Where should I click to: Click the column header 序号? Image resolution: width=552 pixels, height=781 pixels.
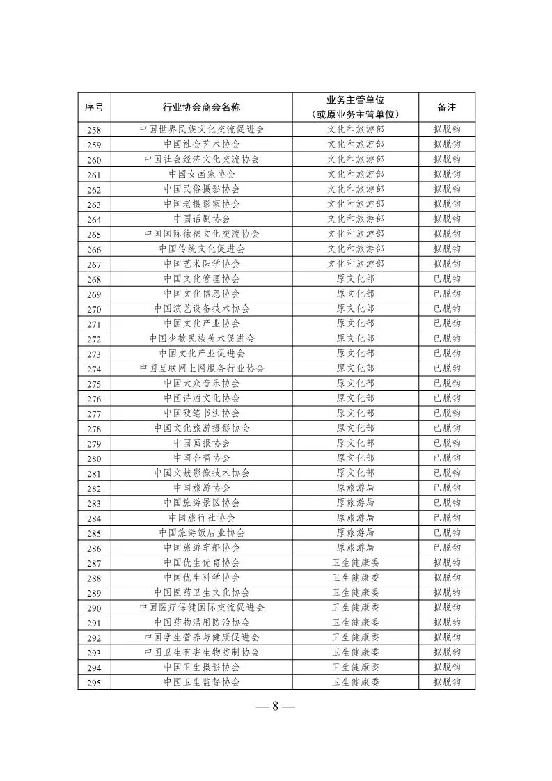click(94, 107)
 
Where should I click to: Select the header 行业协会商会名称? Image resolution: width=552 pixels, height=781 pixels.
click(202, 107)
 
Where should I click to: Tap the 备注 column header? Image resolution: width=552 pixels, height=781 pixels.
click(446, 107)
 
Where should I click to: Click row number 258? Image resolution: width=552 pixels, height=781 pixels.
click(94, 129)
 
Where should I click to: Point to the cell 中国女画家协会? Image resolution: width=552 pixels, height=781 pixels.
click(202, 174)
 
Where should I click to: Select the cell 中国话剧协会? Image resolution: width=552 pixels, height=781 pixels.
click(202, 219)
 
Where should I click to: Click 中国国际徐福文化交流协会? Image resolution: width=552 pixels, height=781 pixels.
click(202, 234)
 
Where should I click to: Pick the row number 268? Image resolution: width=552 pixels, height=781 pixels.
click(94, 279)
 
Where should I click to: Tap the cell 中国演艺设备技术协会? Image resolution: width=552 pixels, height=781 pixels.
click(202, 308)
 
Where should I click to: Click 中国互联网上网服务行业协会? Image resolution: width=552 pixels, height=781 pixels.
click(202, 368)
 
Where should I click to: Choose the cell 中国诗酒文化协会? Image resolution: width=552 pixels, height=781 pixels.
click(202, 398)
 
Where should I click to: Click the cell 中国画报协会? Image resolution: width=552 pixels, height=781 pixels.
click(202, 443)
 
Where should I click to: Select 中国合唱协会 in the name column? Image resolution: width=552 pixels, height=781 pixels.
click(202, 458)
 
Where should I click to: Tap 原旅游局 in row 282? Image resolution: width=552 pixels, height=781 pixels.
click(355, 488)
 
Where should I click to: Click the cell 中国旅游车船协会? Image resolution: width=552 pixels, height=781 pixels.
click(202, 548)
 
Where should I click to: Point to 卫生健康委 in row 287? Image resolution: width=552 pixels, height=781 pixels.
click(355, 562)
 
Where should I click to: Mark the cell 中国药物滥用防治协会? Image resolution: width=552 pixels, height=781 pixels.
click(202, 622)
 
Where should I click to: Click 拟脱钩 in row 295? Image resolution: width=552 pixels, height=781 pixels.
click(446, 682)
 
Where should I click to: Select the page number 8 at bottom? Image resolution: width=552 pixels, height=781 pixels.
click(276, 706)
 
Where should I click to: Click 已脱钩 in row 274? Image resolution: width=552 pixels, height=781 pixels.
click(446, 368)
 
